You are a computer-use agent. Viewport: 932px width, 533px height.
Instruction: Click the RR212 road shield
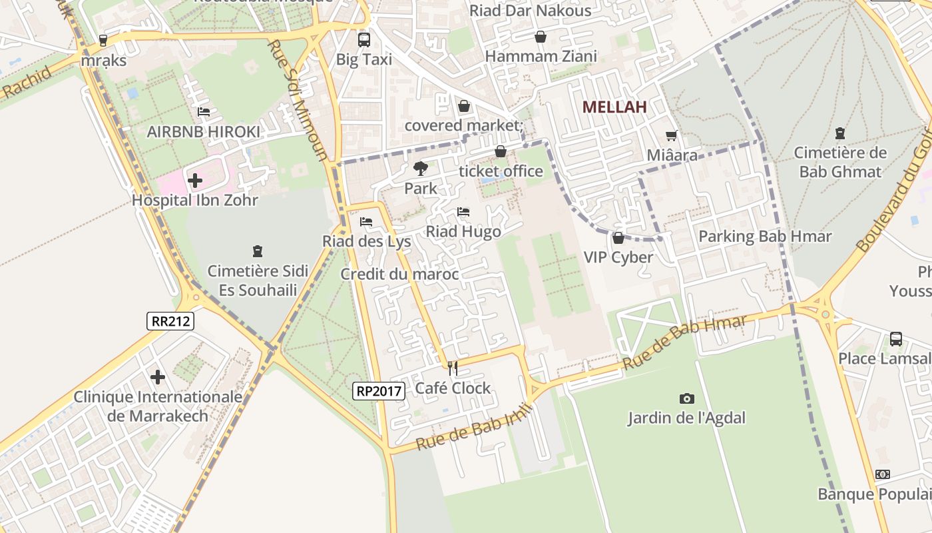pyautogui.click(x=170, y=321)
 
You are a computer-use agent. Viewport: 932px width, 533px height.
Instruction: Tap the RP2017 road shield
pyautogui.click(x=379, y=391)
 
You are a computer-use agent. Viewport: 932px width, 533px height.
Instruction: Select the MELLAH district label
pyautogui.click(x=614, y=107)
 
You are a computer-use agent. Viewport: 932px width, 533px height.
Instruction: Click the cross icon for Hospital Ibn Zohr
pyautogui.click(x=195, y=180)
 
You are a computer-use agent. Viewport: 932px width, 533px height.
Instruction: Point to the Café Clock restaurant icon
pyautogui.click(x=453, y=368)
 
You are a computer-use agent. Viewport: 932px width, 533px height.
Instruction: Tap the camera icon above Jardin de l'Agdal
pyautogui.click(x=686, y=398)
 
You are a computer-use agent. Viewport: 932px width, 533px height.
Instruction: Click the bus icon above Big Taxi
pyautogui.click(x=363, y=40)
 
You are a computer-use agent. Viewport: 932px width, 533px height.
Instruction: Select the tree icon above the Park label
pyautogui.click(x=420, y=169)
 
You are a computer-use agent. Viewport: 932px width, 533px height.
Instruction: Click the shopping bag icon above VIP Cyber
pyautogui.click(x=618, y=238)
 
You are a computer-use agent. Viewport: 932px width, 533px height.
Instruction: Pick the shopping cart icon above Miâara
pyautogui.click(x=672, y=136)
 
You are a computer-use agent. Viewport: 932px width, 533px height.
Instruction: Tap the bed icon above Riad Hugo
pyautogui.click(x=463, y=212)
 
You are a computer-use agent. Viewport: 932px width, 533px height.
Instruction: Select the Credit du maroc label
pyautogui.click(x=399, y=274)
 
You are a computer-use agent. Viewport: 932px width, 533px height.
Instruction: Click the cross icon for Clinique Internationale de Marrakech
pyautogui.click(x=158, y=378)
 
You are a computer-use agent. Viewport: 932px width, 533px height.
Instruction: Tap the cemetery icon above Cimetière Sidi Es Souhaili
pyautogui.click(x=258, y=251)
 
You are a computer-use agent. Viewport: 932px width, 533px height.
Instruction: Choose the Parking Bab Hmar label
pyautogui.click(x=765, y=237)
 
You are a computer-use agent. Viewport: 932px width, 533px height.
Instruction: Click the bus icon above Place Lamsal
pyautogui.click(x=896, y=339)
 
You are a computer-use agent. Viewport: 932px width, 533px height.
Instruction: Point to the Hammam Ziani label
pyautogui.click(x=541, y=56)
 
